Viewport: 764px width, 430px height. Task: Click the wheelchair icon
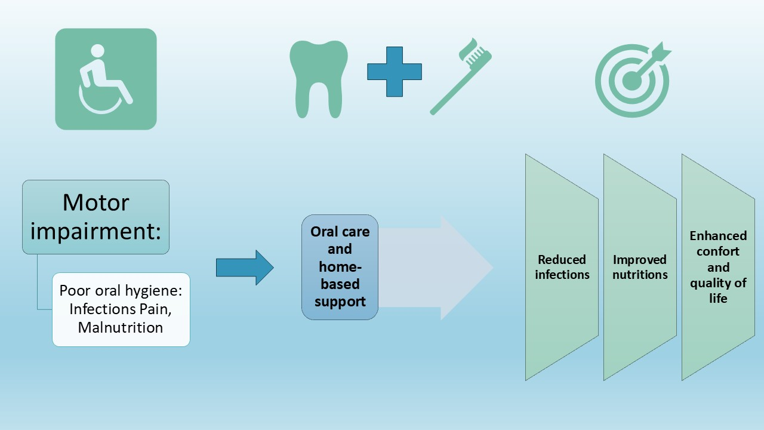[106, 79]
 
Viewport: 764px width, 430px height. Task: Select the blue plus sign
[394, 72]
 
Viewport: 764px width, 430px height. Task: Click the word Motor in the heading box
[95, 203]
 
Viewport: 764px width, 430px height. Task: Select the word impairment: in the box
[95, 231]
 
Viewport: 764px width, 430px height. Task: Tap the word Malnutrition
[121, 327]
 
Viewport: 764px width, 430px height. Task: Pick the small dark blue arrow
[244, 268]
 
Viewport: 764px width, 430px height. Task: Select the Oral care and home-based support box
[340, 267]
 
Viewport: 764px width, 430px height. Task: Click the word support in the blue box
[340, 302]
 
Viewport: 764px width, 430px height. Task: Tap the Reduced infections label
[562, 267]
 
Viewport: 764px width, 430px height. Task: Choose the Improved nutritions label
[640, 267]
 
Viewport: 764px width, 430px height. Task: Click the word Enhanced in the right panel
[718, 236]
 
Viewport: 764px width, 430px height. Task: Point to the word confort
[718, 251]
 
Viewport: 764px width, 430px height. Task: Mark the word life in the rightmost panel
[718, 298]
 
